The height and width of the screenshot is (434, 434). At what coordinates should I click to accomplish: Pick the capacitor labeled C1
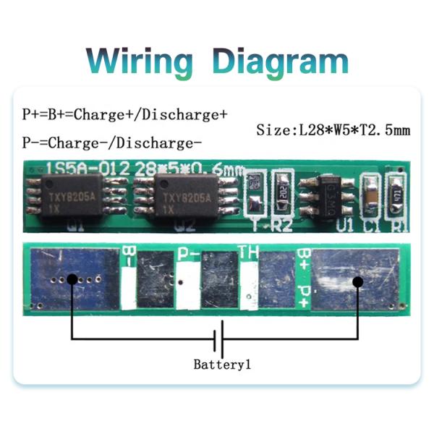(372, 195)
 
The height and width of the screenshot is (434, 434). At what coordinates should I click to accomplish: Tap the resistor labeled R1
(398, 195)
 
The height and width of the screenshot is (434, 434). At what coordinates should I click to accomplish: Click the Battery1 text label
(222, 365)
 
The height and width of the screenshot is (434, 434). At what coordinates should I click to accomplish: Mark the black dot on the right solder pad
(357, 282)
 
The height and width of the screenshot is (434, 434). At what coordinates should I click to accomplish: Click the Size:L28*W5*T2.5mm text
(333, 131)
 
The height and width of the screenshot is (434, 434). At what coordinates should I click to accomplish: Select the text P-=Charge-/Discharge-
(112, 141)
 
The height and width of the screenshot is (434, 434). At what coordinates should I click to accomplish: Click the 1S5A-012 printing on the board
(89, 167)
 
